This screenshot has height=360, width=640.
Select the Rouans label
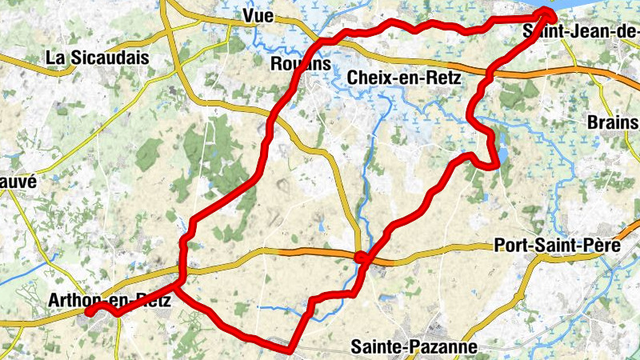click(301, 64)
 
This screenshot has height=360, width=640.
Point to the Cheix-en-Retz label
click(402, 78)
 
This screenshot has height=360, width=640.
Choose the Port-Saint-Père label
click(558, 246)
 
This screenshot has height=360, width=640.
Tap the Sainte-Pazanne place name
click(414, 347)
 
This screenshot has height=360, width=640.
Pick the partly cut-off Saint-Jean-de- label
click(581, 32)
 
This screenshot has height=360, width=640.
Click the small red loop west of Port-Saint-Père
click(362, 258)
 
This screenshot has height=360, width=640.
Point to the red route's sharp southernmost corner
click(289, 348)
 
